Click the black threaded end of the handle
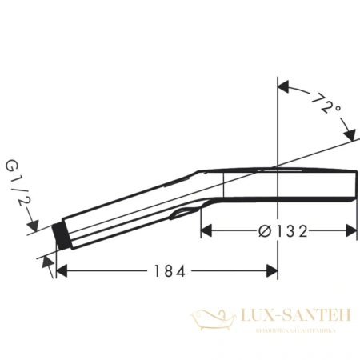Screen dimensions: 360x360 tap(57, 234)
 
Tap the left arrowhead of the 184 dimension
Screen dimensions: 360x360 tap(60, 271)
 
